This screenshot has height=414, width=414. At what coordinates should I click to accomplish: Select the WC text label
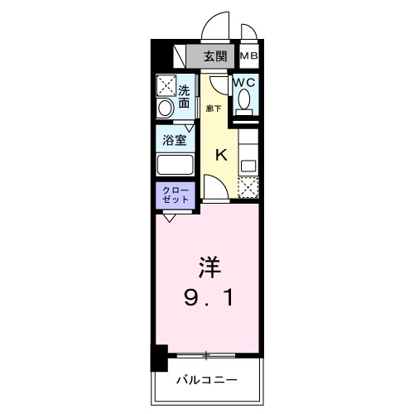coord(243,83)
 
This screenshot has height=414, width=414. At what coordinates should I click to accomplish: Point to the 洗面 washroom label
coord(183,97)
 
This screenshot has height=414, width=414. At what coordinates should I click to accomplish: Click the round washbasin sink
coord(165,108)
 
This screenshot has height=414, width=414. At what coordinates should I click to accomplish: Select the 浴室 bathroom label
coord(174,139)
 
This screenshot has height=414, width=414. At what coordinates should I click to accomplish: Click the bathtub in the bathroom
coord(175,165)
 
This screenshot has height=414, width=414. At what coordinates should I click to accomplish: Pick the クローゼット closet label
coord(175,195)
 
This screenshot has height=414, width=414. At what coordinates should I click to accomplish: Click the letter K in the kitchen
coord(221,154)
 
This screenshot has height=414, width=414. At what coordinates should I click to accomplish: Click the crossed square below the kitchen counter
coord(248,189)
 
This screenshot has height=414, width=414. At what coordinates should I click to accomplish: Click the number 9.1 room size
coord(210,296)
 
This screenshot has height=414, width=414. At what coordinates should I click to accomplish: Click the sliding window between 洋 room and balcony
coord(207,354)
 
